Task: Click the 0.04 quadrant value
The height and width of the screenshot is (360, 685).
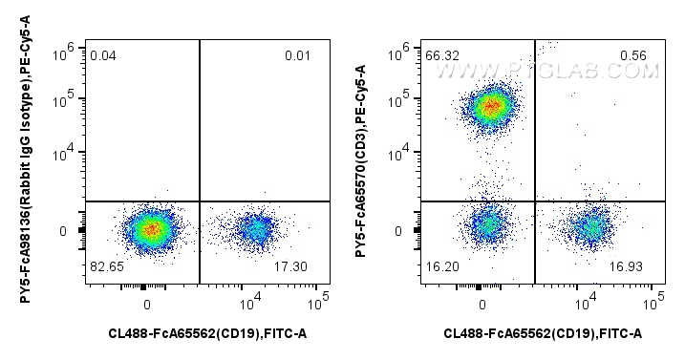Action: point(103,55)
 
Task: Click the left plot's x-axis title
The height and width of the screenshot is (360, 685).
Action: point(207,333)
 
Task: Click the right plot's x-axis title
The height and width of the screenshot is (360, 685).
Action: point(543,333)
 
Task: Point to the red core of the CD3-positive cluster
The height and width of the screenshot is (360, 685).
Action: point(490,105)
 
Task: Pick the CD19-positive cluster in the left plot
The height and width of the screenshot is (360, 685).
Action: point(256,229)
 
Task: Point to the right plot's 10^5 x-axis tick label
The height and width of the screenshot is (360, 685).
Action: point(653,302)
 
